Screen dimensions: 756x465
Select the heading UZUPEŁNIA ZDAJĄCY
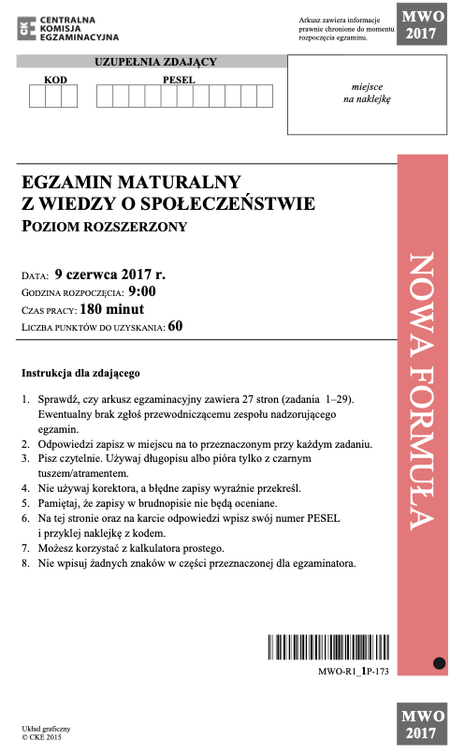pyautogui.click(x=155, y=62)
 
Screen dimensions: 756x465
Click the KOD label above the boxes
pyautogui.click(x=56, y=80)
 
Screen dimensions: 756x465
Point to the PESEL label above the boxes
pyautogui.click(x=178, y=80)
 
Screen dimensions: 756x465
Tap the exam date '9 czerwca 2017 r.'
pyautogui.click(x=110, y=275)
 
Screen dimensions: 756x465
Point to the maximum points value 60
pyautogui.click(x=176, y=327)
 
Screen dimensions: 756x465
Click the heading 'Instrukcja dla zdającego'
pyautogui.click(x=80, y=373)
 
